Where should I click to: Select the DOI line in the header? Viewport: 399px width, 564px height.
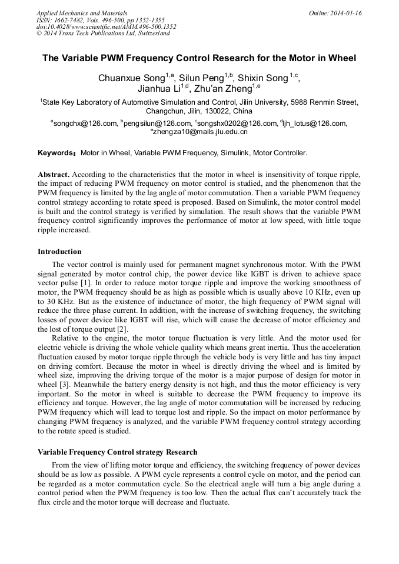106,26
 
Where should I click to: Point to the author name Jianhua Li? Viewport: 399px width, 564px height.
159,89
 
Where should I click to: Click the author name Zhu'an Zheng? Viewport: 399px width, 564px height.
223,89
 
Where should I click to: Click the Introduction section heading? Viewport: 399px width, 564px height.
59,252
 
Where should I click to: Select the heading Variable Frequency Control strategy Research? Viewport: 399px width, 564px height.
117,452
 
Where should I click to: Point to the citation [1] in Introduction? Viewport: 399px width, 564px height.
85,284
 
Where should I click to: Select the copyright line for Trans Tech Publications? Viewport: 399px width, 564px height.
103,34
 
